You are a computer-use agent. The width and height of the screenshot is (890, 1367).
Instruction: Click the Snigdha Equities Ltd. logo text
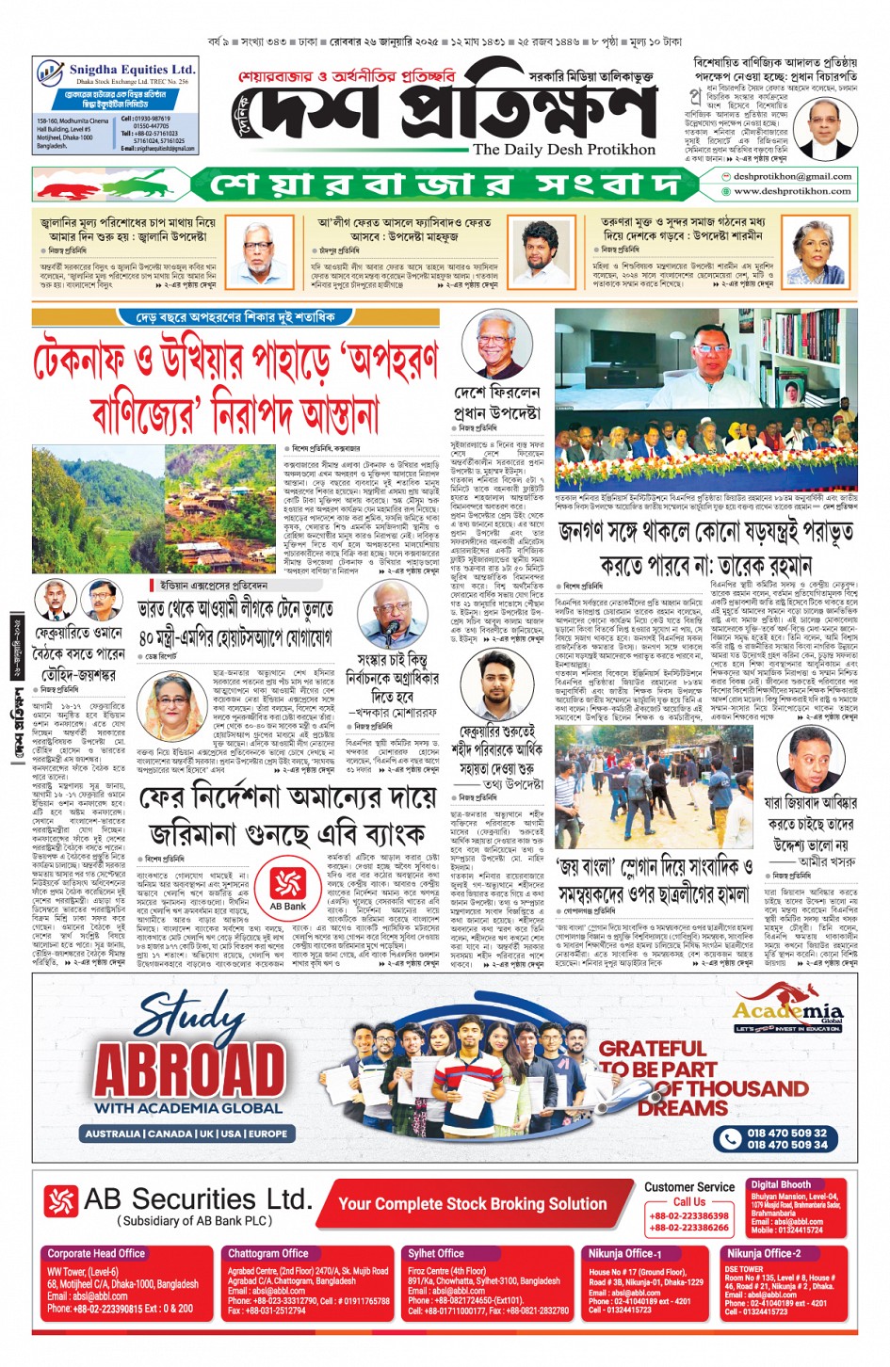coord(131,70)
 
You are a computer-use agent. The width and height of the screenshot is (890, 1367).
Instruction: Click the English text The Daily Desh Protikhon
coord(563,150)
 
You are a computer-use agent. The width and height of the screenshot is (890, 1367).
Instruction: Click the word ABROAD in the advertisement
coord(188,1069)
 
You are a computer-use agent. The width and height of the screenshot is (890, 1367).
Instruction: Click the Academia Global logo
coord(787,1015)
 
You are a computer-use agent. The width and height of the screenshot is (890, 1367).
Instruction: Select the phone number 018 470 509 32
coord(786,1133)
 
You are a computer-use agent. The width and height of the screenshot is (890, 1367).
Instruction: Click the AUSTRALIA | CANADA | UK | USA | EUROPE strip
coord(186,1134)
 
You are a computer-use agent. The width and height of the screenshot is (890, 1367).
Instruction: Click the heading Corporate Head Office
coord(96,1253)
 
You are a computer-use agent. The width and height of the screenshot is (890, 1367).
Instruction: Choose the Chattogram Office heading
coord(267,1253)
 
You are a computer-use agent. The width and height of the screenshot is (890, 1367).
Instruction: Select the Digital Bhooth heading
coord(780,1184)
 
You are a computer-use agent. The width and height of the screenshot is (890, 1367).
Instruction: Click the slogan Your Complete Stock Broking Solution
coord(472,1203)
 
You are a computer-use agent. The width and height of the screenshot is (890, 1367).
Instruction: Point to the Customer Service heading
coord(688,1187)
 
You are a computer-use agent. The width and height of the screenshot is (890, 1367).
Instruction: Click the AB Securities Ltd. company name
coord(197,1199)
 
